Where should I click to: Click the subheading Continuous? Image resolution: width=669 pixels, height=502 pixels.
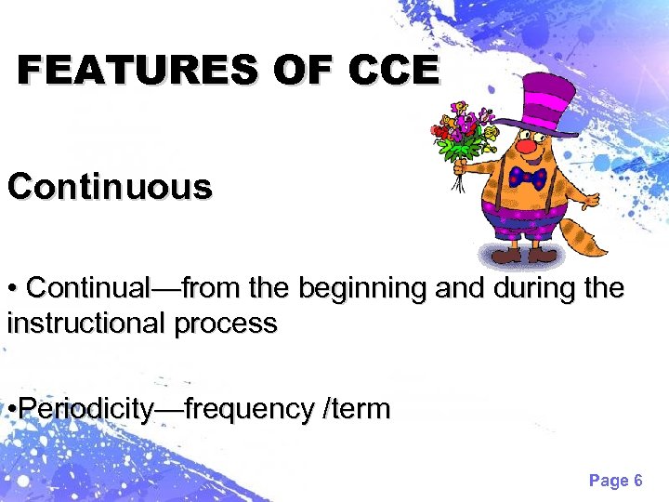[x=110, y=187]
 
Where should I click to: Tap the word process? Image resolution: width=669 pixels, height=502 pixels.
[x=231, y=324]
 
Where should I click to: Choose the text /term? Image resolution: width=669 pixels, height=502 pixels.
[x=356, y=409]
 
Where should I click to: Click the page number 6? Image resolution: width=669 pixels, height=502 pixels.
[x=637, y=481]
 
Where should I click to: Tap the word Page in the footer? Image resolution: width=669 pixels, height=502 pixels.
[x=608, y=481]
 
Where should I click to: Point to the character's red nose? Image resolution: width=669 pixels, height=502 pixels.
[x=527, y=147]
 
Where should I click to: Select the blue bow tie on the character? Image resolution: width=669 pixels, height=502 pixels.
[x=527, y=178]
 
